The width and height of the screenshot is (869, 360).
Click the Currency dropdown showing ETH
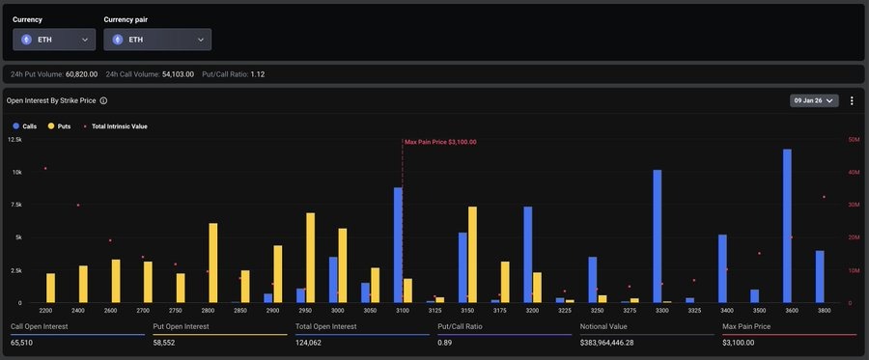pyautogui.click(x=54, y=40)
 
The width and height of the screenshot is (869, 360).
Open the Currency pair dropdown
pyautogui.click(x=157, y=40)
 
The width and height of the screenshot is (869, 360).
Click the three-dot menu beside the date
pyautogui.click(x=851, y=100)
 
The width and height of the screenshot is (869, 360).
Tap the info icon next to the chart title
pyautogui.click(x=103, y=100)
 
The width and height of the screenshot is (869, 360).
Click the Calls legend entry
pyautogui.click(x=24, y=126)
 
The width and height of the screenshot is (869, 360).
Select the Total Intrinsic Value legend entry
pyautogui.click(x=116, y=126)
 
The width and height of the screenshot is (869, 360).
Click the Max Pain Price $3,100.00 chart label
pyautogui.click(x=440, y=142)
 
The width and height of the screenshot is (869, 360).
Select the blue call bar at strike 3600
pyautogui.click(x=787, y=227)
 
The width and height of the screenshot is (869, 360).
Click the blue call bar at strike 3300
pyautogui.click(x=658, y=236)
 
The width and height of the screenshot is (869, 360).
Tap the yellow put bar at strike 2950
pyautogui.click(x=311, y=258)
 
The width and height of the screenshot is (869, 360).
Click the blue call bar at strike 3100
pyautogui.click(x=398, y=245)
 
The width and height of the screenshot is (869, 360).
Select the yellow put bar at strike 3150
pyautogui.click(x=472, y=255)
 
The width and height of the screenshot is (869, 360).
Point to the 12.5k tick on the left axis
pyautogui.click(x=14, y=140)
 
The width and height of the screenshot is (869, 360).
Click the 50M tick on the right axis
pyautogui.click(x=854, y=140)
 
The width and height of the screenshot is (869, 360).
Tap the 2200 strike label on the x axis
pyautogui.click(x=45, y=311)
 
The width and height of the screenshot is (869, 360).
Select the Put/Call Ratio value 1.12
pyautogui.click(x=257, y=74)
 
